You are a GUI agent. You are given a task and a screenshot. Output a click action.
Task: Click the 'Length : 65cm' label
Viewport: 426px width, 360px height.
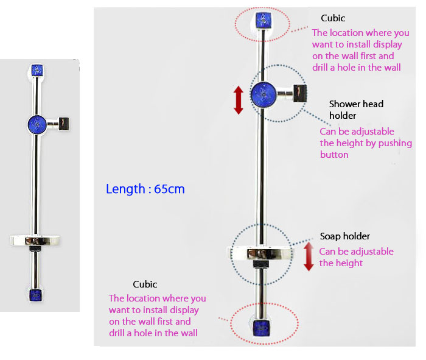coord(145,189)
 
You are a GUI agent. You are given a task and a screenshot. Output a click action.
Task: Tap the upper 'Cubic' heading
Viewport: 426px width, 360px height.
coord(333,18)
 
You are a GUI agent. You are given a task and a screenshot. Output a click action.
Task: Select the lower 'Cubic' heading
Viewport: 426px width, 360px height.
coord(145,284)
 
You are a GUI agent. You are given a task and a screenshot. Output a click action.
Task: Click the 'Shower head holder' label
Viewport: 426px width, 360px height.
coord(356,109)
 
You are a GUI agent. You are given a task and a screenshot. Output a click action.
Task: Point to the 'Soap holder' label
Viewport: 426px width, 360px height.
coord(344,236)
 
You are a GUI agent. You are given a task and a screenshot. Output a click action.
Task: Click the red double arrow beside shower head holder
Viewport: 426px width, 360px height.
coord(238,100)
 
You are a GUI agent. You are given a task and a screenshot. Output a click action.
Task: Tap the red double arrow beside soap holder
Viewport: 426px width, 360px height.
coord(309,256)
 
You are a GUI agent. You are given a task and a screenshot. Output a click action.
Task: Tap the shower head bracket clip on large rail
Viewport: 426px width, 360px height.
coord(299,93)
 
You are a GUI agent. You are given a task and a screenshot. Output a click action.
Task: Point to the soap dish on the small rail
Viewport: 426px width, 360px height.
coord(37,240)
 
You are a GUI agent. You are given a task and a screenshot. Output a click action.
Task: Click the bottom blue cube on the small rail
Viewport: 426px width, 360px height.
coord(37,296)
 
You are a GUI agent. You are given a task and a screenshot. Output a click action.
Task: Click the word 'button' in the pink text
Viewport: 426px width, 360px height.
coord(334,155)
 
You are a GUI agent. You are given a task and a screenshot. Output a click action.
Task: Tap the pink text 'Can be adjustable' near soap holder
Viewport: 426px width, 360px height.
coord(356,252)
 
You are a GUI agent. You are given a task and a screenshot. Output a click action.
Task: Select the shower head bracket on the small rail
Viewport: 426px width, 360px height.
coord(65,124)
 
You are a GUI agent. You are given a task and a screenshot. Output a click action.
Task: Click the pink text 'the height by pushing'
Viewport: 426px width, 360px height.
coord(366,143)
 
